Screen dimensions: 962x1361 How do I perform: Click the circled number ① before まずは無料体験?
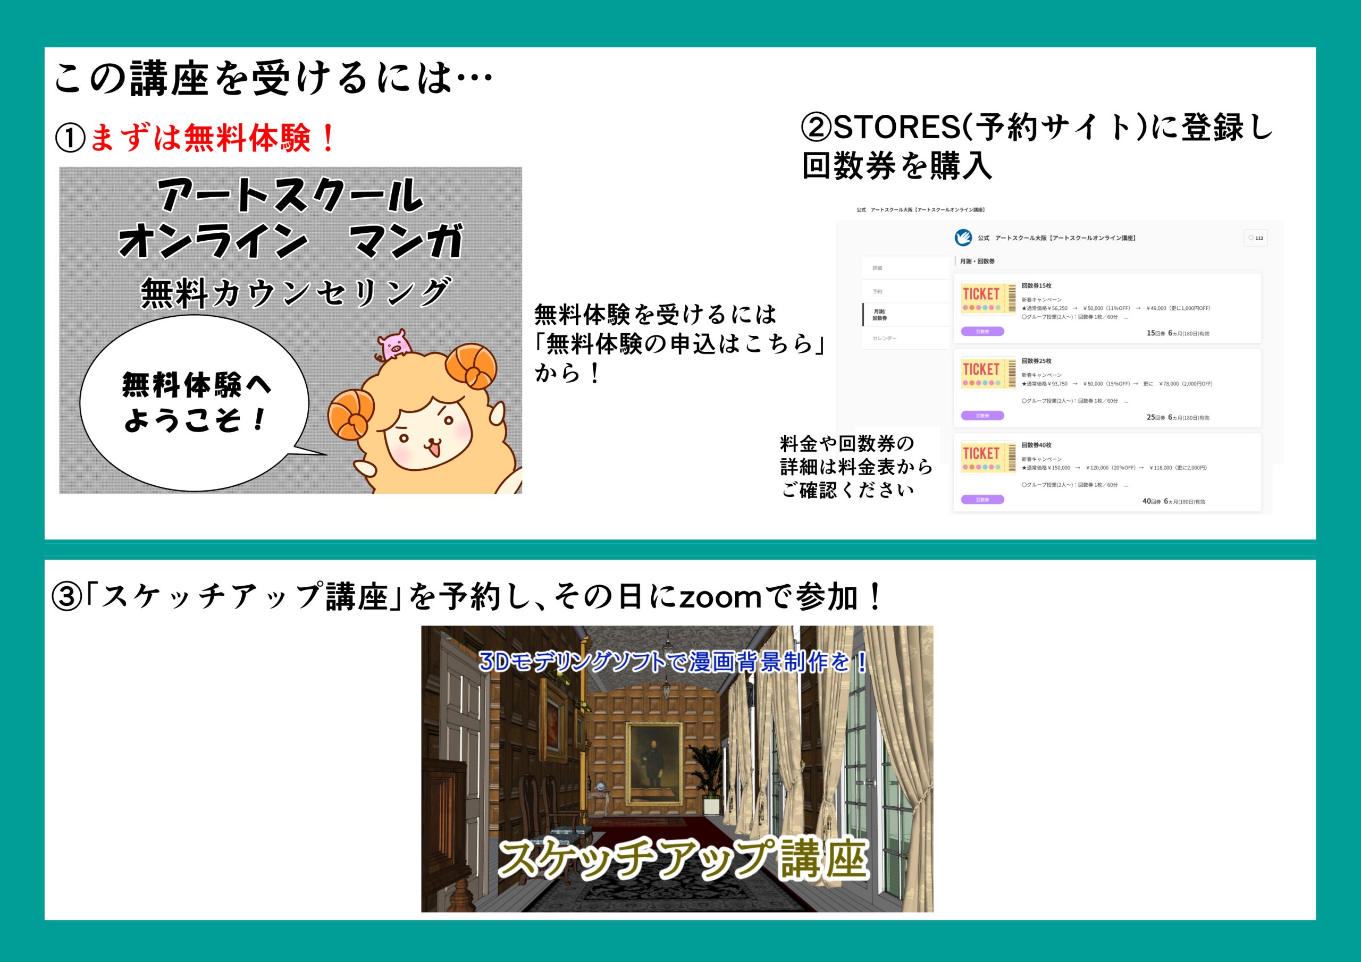coord(70,138)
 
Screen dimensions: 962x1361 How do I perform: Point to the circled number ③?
coord(66,597)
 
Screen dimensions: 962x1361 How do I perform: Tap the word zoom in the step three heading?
coord(720,597)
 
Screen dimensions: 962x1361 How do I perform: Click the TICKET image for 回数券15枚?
coord(988,298)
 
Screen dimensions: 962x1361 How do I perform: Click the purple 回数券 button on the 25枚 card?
coord(982,416)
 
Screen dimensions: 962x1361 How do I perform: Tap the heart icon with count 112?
coord(1255,238)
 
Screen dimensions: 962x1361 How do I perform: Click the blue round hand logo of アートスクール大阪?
coord(963,238)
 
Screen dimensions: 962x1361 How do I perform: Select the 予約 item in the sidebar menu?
coord(877,292)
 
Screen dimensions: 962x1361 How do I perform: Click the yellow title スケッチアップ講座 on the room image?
coord(682,858)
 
